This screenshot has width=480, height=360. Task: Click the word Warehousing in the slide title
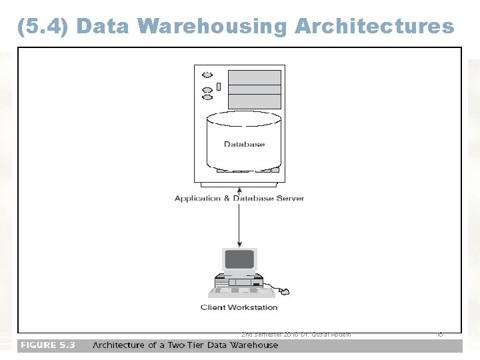point(211,26)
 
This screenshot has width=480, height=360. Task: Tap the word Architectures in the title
point(374,26)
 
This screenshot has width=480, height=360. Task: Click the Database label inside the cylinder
point(244,144)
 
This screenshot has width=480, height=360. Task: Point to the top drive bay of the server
point(254,77)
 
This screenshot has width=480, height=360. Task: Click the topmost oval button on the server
point(207,75)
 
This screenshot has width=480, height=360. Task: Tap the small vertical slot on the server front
point(218,86)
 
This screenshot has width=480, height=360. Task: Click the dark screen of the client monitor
point(239,259)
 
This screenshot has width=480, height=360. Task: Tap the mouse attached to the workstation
point(284,291)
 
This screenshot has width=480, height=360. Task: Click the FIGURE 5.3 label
point(47,345)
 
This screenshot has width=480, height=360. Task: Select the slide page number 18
point(439,334)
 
